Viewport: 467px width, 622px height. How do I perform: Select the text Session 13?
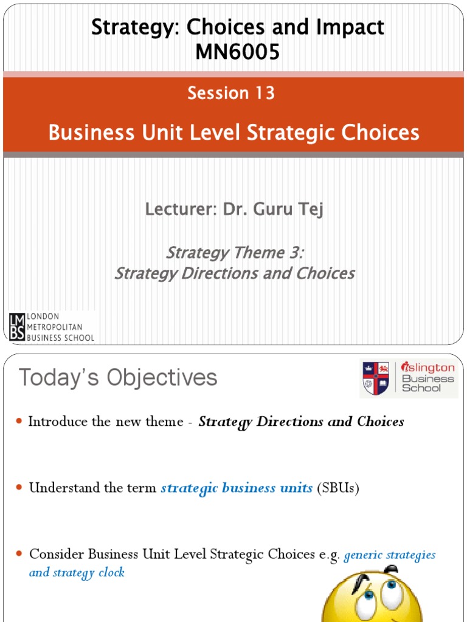(231, 93)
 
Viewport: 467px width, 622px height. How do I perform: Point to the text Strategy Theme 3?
(235, 252)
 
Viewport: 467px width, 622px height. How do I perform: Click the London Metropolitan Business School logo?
(52, 327)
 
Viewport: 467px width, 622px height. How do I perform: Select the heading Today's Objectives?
(117, 378)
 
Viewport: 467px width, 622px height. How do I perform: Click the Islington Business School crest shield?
(376, 377)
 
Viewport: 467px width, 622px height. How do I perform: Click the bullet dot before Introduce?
(19, 422)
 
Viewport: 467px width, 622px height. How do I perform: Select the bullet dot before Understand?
(19, 488)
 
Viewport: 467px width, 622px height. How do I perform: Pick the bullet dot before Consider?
(19, 554)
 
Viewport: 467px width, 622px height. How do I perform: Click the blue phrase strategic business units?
(237, 488)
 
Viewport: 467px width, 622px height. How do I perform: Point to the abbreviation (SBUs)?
(338, 488)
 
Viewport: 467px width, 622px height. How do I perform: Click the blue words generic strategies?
(390, 554)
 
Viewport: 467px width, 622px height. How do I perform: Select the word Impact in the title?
(353, 27)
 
